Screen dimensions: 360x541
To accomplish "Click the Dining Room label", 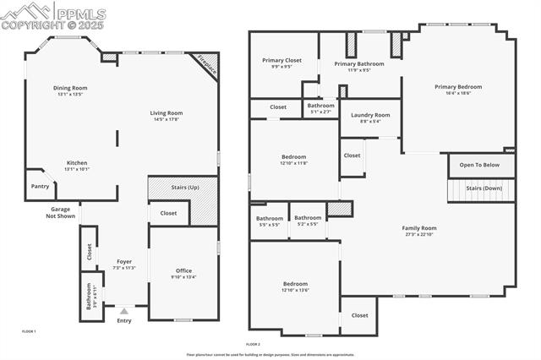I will point(70,88).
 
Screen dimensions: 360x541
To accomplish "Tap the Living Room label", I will point(167,112).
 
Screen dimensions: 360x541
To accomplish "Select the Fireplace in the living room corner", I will point(206,64).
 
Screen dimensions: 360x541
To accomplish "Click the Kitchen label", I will point(77,163).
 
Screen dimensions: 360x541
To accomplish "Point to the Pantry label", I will point(40,186).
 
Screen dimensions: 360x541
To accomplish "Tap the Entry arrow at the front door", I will point(124,311).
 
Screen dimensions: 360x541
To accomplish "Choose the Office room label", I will point(183,270).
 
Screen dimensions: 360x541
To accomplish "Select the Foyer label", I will point(123,262).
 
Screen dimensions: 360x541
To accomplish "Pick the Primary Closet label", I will point(281,60).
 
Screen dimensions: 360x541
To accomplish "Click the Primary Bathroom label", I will point(358,64).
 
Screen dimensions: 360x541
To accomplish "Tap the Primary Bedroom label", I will point(458,87).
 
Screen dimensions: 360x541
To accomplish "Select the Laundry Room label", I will point(370,115).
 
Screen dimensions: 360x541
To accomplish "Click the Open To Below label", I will point(480,165).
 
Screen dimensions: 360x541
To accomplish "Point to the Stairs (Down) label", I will point(484,188).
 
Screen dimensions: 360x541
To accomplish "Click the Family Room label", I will point(418,227).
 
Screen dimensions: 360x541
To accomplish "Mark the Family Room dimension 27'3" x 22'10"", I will point(418,234).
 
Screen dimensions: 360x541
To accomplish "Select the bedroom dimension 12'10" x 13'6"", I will point(295,290).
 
